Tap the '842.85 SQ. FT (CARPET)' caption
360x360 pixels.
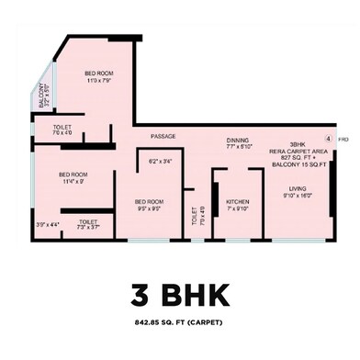click(180, 322)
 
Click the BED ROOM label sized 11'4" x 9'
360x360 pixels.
click(73, 174)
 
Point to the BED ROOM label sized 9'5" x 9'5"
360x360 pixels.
click(149, 201)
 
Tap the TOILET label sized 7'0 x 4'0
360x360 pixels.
click(62, 127)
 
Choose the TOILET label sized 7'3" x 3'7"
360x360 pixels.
click(88, 221)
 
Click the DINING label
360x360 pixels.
click(238, 140)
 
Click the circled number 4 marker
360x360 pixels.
click(328, 138)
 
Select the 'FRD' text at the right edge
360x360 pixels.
click(343, 140)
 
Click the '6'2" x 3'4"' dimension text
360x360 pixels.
click(160, 163)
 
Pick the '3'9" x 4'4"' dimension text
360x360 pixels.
click(47, 224)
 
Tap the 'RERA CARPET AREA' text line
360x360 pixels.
click(298, 152)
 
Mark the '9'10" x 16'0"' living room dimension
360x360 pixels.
click(298, 196)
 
